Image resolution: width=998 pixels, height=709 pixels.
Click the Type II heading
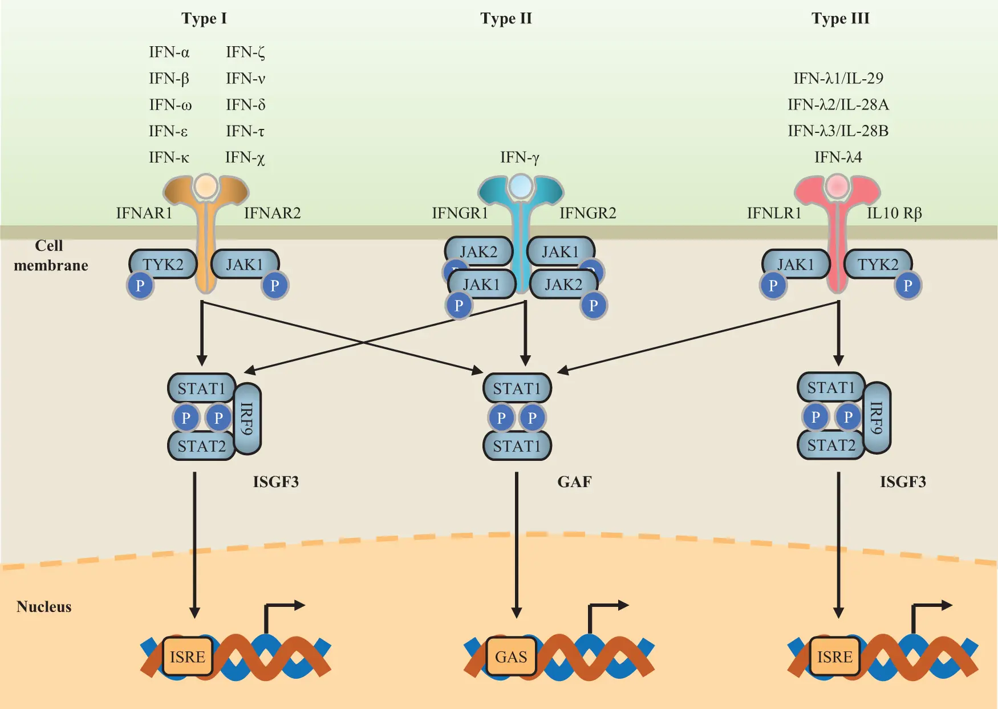point(506,18)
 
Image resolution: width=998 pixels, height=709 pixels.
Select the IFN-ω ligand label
point(170,105)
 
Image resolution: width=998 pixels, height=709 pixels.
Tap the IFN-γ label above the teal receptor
point(520,157)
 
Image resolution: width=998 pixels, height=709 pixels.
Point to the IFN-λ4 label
point(838,157)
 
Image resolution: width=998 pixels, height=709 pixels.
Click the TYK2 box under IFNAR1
point(163,264)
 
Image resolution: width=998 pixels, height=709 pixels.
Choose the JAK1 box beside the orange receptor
point(245,264)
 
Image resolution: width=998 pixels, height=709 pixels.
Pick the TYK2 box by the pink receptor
point(878,264)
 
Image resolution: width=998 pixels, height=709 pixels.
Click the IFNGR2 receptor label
point(587,213)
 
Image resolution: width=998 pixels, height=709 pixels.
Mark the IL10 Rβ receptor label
point(894,213)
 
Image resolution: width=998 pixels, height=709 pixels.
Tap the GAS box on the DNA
point(511,657)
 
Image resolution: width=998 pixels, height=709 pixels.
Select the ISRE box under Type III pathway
point(834,657)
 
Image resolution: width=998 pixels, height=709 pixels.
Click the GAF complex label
point(574,482)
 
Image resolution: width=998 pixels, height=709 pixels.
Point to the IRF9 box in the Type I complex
point(247,418)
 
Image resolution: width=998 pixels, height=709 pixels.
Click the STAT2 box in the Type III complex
point(831,445)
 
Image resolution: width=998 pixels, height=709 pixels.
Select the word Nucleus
point(44,606)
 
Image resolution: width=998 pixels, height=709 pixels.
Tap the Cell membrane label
point(50,256)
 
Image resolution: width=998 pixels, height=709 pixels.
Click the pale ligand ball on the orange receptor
point(205,185)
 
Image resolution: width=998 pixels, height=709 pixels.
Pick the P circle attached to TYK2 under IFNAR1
point(140,285)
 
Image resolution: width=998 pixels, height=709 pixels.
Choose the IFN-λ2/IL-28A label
point(838,105)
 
